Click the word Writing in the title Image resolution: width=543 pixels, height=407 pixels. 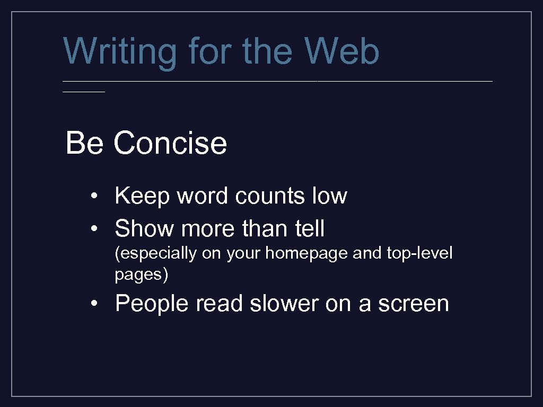pyautogui.click(x=120, y=52)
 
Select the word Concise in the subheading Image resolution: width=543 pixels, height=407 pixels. pyautogui.click(x=170, y=143)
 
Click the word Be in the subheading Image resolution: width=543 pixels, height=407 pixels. pyautogui.click(x=84, y=143)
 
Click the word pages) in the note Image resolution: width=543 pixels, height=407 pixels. pyautogui.click(x=141, y=275)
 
